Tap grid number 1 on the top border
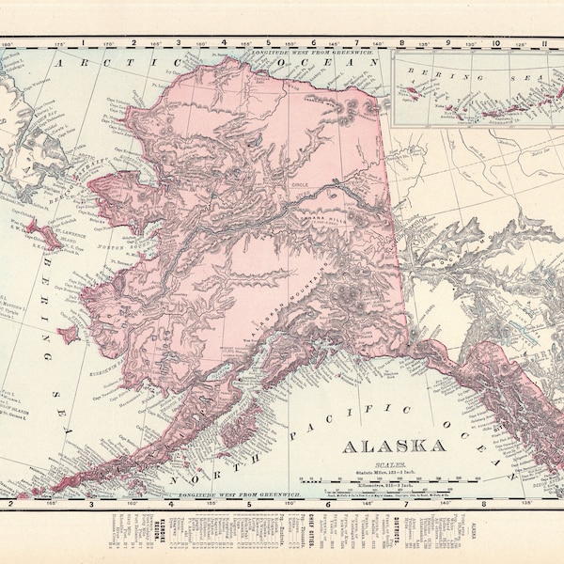pyautogui.click(x=84, y=42)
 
